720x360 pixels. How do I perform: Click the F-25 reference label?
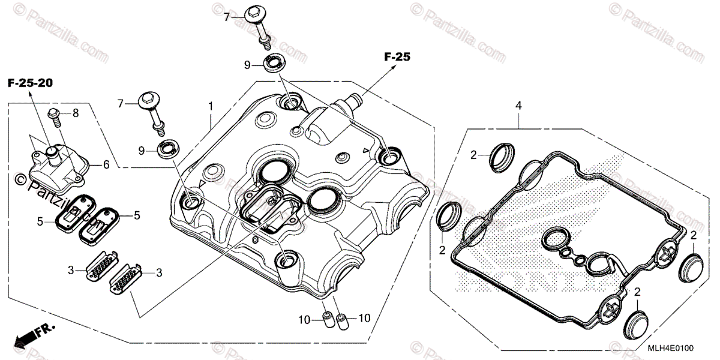pos(397,58)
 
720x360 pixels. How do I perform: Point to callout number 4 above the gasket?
pos(518,106)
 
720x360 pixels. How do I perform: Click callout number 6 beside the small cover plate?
pos(106,164)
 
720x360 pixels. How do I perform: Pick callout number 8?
pos(76,113)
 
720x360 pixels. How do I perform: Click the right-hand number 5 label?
pos(136,214)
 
